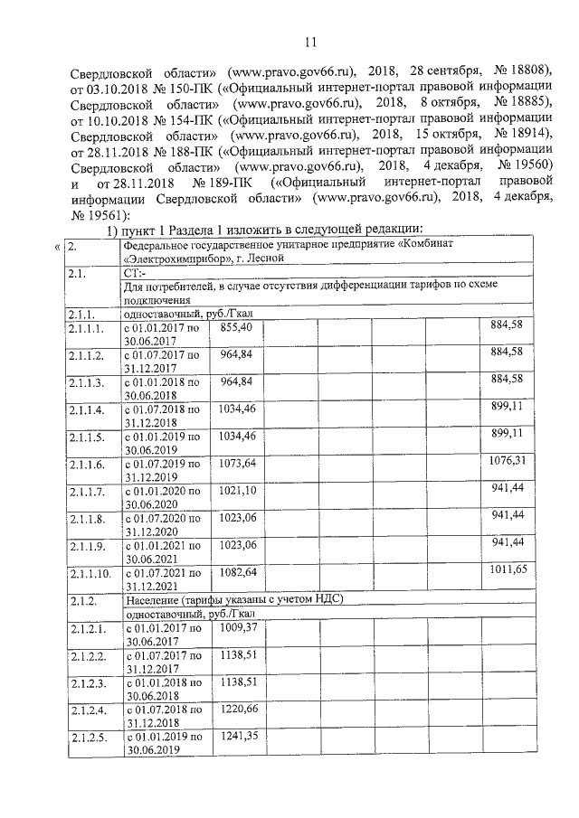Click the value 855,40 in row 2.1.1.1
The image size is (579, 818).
(x=236, y=325)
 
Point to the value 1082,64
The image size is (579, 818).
(x=238, y=572)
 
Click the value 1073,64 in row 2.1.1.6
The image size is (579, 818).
(x=238, y=463)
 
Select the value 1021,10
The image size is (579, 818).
(x=238, y=489)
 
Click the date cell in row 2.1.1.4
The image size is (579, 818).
(x=162, y=415)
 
